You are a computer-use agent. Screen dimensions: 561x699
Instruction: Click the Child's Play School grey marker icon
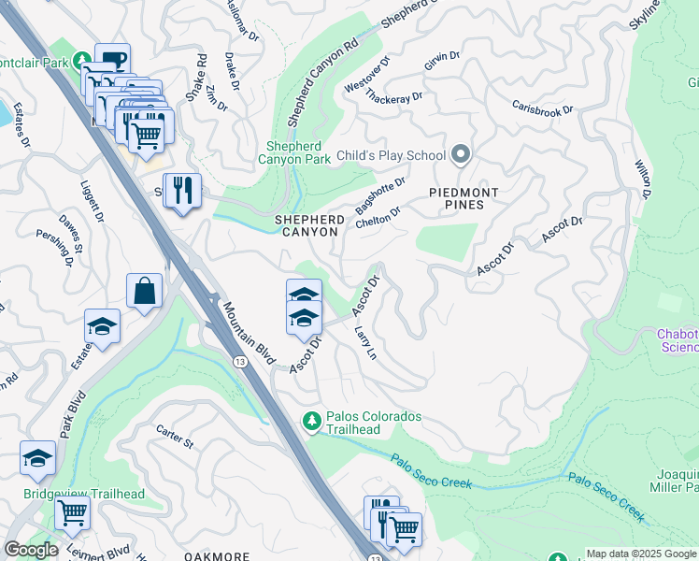pos(460,153)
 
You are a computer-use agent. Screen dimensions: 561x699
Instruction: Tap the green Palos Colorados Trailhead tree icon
pos(311,423)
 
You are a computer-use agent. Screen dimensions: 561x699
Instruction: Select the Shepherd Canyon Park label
pos(299,152)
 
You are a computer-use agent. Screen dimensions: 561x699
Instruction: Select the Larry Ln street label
pos(364,344)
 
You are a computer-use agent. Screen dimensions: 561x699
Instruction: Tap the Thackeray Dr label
pos(394,97)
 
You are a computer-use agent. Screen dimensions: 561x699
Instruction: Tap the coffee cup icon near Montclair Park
pos(112,61)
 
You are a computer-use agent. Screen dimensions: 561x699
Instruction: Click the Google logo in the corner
pos(31,550)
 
